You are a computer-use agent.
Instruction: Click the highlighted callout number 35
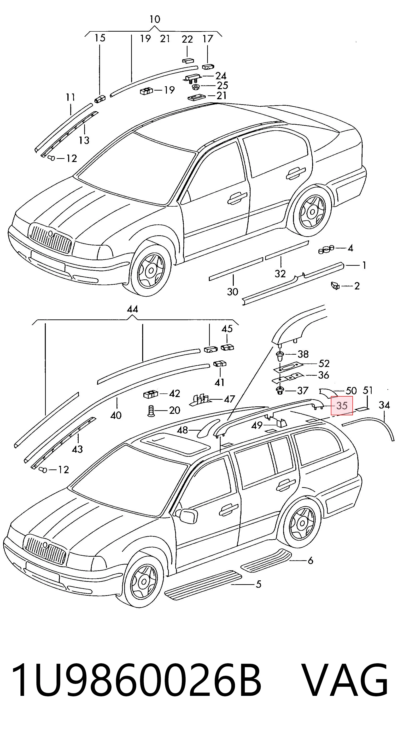coord(342,406)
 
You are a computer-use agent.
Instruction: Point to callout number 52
coord(324,364)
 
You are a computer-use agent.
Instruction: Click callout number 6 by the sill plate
coord(310,560)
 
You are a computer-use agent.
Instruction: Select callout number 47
coord(229,399)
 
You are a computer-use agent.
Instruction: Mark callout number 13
coord(84,140)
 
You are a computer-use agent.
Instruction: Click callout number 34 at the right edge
coord(384,405)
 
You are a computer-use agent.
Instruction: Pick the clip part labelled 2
coord(335,286)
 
